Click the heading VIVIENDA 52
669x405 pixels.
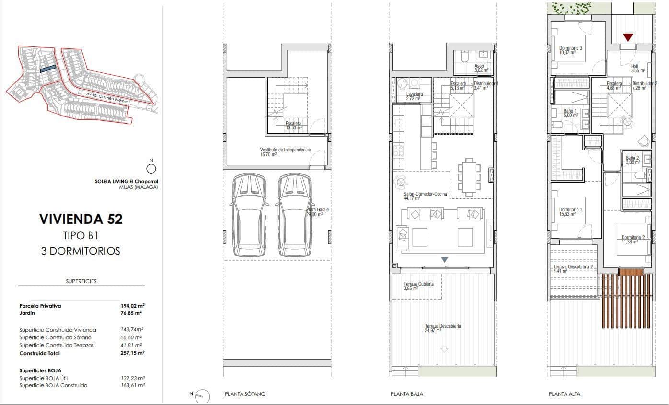coord(81,219)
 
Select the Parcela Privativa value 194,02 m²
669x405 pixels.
coord(132,305)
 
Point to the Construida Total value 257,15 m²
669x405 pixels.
coord(132,353)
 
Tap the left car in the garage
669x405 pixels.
coord(248,215)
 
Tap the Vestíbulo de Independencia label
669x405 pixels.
coord(285,152)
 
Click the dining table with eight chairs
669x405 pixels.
coord(467,177)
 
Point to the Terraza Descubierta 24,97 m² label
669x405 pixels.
coord(442,328)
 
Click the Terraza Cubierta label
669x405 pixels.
coord(419,286)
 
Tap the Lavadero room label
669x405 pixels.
coord(414,96)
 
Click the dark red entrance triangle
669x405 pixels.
coord(628,37)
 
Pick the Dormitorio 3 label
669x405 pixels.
coord(570,50)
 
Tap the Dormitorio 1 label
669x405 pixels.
coord(570,212)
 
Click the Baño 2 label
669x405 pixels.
coord(633,160)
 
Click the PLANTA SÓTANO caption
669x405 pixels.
coord(245,394)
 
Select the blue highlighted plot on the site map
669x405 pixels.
coord(48,69)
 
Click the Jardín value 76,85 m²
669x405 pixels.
coord(132,313)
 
